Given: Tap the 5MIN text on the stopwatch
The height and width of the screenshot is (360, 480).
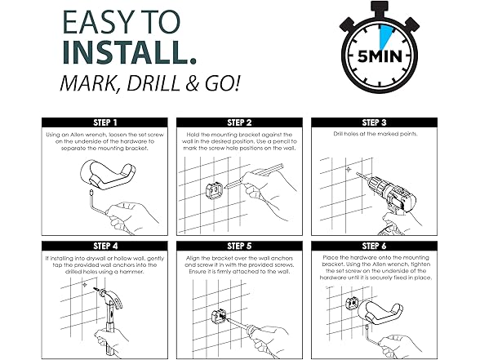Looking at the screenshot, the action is coord(380,56).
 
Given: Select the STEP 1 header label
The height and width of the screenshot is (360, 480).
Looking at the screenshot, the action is coord(105,122).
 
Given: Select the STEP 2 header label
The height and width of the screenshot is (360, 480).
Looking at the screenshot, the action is coord(239,122).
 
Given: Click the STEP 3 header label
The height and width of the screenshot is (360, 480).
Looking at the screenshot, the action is coord(374,122).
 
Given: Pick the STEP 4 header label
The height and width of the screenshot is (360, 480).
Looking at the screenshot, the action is coord(105,247).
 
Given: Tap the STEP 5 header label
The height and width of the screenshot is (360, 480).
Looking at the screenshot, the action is coord(239,247).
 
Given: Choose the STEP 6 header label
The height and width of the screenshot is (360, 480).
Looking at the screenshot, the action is coord(374,247).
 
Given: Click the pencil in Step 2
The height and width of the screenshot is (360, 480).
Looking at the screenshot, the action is coord(253,176).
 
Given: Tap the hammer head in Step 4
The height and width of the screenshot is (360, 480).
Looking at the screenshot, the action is coord(109,296).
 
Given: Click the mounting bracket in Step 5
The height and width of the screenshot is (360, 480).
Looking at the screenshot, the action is coord(219,317).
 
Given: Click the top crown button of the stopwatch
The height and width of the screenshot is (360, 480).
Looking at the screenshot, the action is coord(380,8).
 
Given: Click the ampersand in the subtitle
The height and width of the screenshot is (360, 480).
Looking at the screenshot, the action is coord(193,83).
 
